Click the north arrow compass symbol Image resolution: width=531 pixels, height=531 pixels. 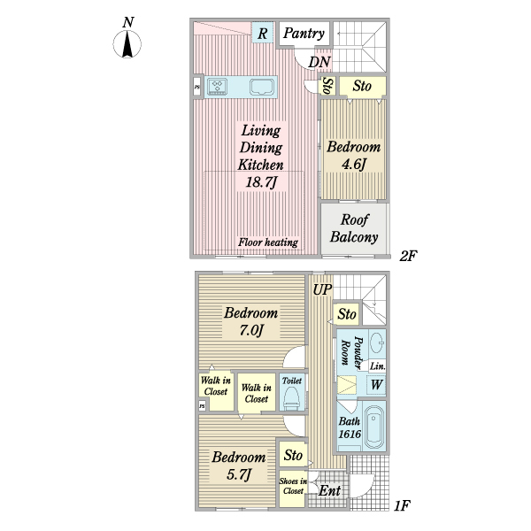point(127,44)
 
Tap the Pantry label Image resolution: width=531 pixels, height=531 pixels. point(304,34)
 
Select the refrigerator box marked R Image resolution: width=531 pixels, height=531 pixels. point(263,33)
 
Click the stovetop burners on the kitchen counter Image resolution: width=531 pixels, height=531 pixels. point(217,86)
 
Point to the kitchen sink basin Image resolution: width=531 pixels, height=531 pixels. point(262,87)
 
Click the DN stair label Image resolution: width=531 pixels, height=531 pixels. point(319,62)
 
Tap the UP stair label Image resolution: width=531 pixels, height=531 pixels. point(322,289)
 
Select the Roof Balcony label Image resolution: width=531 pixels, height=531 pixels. point(354,228)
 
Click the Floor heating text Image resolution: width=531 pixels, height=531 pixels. point(268,242)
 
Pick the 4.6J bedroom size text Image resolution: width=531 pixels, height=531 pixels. point(353,165)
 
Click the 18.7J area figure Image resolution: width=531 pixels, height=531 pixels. point(261,182)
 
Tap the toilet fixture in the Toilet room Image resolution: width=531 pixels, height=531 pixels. point(291,398)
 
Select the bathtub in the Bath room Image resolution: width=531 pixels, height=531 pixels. point(374,426)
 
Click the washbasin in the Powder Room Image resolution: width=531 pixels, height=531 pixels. point(377,343)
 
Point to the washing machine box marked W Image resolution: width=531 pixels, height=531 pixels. point(377,385)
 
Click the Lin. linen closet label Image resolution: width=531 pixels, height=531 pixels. point(377,366)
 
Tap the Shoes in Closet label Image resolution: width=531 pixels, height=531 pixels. point(293,486)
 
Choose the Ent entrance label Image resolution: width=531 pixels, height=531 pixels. point(329,490)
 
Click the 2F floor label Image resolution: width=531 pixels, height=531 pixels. point(408,256)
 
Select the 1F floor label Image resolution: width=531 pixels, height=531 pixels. point(402,505)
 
